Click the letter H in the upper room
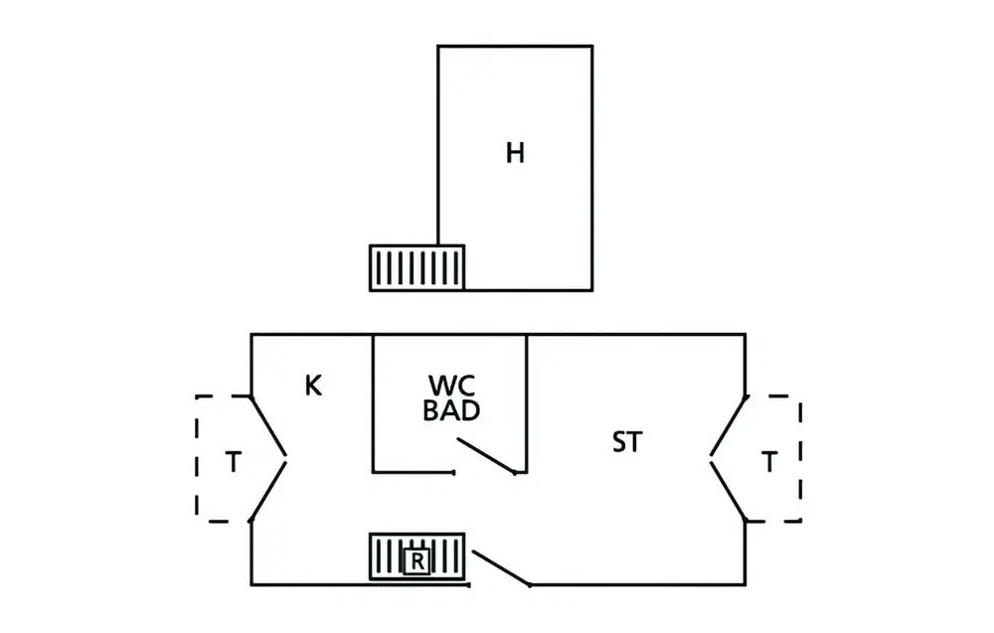[514, 153]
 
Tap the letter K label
[313, 386]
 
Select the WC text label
[450, 385]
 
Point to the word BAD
[451, 410]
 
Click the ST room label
[626, 442]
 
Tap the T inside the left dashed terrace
[233, 462]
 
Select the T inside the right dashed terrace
[768, 462]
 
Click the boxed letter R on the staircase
[417, 561]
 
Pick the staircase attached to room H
[416, 267]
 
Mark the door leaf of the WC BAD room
[485, 457]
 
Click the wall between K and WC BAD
[373, 402]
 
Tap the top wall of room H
[515, 46]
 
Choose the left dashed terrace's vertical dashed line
[197, 458]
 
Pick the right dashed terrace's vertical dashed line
[800, 458]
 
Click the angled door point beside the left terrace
[285, 458]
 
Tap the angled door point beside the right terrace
[711, 458]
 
